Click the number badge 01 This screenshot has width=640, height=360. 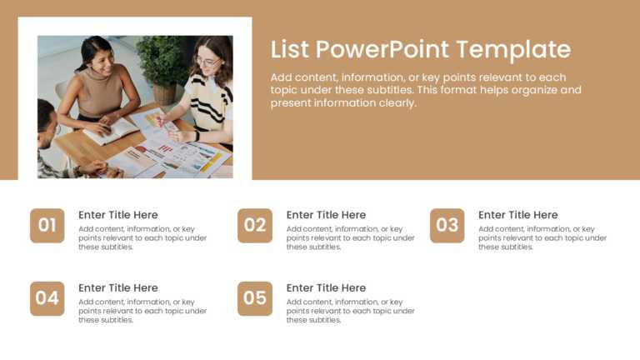point(47,225)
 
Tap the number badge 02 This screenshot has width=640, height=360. point(255,225)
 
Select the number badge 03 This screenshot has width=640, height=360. point(447,225)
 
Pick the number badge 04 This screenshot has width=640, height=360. point(47,298)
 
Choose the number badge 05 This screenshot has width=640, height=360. point(255,298)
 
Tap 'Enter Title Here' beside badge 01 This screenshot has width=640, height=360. point(117,215)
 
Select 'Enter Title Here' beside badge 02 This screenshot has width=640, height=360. point(326,215)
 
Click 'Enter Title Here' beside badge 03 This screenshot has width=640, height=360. point(517,215)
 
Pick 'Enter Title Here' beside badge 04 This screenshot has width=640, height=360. point(117,288)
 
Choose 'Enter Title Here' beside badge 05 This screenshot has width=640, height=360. point(326,288)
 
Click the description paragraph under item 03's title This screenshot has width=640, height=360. point(542,237)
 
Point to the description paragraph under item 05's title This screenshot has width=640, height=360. point(350,311)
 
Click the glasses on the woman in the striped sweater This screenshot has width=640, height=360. point(207,62)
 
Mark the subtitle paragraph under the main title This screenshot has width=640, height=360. point(426,90)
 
